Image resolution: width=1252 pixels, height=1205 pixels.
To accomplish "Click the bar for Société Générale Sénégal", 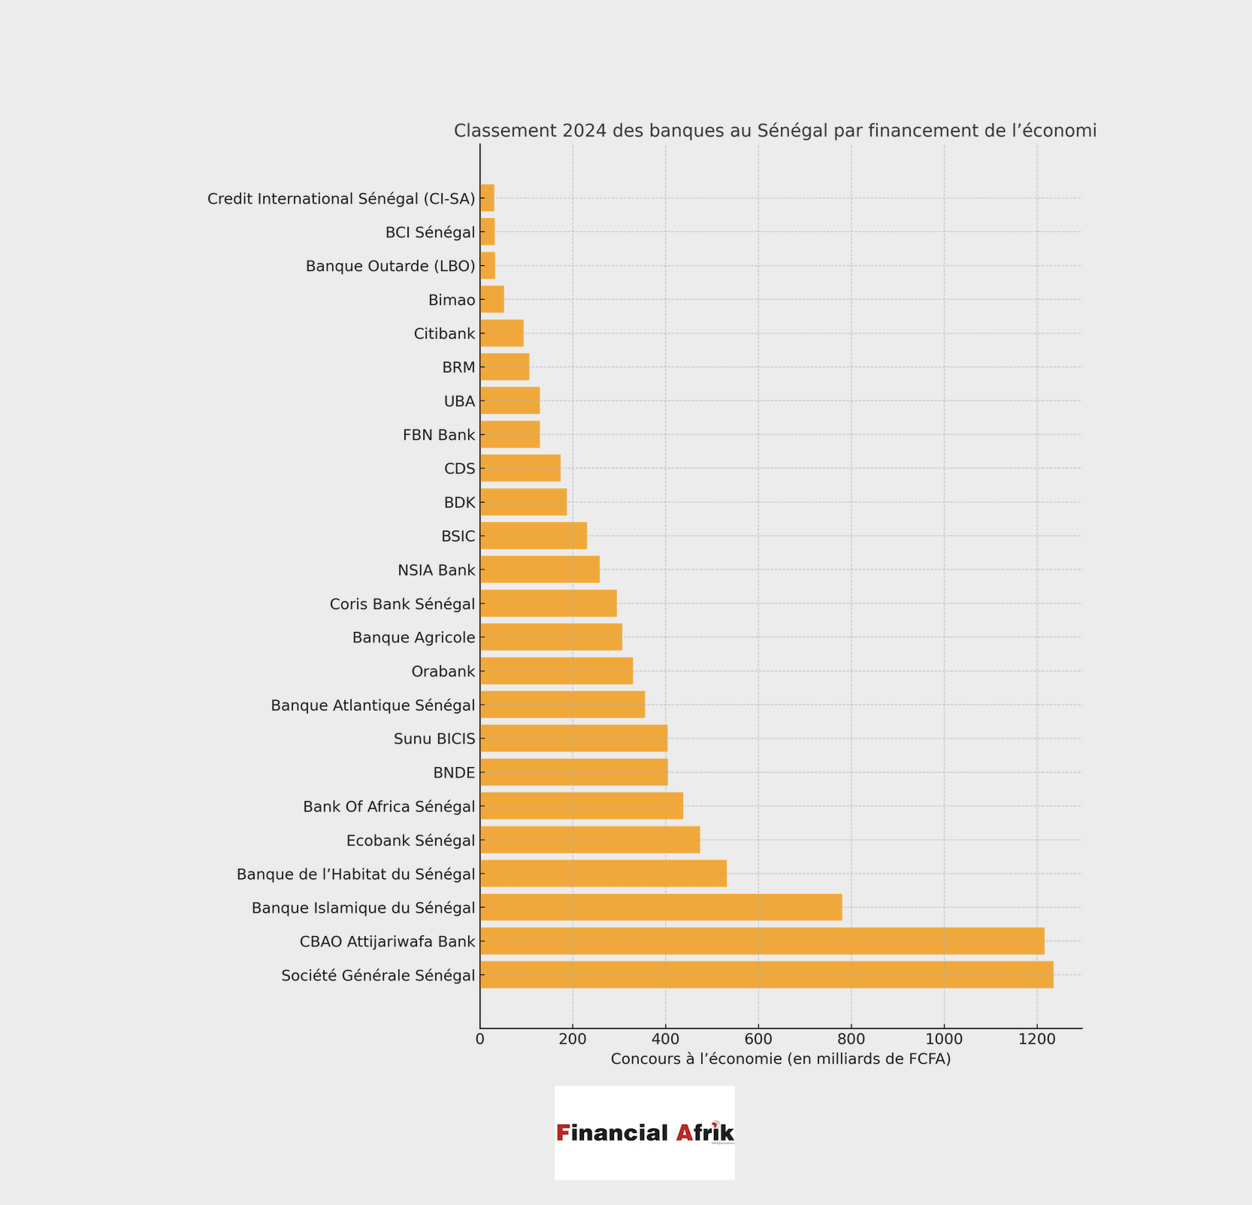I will pyautogui.click(x=767, y=974).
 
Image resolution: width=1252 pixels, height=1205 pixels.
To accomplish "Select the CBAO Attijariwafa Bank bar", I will pyautogui.click(x=762, y=941).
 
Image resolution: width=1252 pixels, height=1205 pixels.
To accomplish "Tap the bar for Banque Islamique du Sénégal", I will pyautogui.click(x=661, y=907).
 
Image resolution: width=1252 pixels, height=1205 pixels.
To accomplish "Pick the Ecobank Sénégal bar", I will pyautogui.click(x=590, y=839).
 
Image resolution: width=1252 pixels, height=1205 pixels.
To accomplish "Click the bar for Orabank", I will pyautogui.click(x=556, y=671).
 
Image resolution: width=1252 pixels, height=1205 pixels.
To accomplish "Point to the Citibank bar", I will pyautogui.click(x=501, y=333).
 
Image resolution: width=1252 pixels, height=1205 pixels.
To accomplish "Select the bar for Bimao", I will pyautogui.click(x=491, y=299).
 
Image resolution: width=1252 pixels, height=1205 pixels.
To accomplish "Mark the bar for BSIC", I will pyautogui.click(x=533, y=536).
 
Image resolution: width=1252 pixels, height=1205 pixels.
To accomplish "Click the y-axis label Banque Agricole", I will pyautogui.click(x=413, y=638).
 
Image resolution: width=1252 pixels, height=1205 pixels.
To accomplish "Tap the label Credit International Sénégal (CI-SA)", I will pyautogui.click(x=341, y=199).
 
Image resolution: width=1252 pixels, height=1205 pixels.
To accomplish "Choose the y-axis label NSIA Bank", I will pyautogui.click(x=436, y=570).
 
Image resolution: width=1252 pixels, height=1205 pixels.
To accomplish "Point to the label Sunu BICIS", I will pyautogui.click(x=434, y=739).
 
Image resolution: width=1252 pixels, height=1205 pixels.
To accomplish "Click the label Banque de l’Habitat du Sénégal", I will pyautogui.click(x=355, y=874).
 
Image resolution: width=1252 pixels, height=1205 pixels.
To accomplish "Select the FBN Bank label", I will pyautogui.click(x=439, y=435).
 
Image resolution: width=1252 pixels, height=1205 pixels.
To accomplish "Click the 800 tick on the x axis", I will pyautogui.click(x=851, y=1039).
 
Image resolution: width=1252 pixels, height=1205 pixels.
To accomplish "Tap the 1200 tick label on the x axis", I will pyautogui.click(x=1037, y=1039).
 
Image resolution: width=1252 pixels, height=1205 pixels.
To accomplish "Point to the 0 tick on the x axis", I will pyautogui.click(x=480, y=1039).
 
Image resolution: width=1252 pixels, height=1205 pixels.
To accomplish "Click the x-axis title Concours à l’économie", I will pyautogui.click(x=781, y=1059).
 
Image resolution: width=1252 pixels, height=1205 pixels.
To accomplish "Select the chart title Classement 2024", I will pyautogui.click(x=775, y=131).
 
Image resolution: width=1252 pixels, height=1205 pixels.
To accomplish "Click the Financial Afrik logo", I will pyautogui.click(x=645, y=1132).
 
